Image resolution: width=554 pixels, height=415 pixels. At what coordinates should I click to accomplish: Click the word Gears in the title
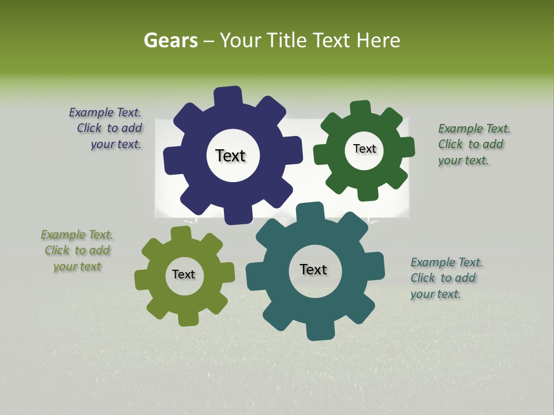pos(171,40)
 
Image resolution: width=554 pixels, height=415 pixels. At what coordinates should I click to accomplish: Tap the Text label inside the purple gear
pos(230,156)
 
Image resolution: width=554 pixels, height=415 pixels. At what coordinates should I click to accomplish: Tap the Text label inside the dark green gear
pos(364,149)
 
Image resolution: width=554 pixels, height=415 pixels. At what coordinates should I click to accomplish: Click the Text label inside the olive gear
pos(184,274)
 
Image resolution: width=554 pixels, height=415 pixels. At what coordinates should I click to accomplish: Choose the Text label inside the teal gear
pos(313,269)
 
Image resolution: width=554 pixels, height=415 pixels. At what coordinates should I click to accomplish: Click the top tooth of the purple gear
pos(228,96)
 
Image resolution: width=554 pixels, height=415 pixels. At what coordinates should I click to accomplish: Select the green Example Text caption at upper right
pos(473,144)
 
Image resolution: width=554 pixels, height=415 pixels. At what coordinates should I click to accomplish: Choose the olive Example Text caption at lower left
pos(77,250)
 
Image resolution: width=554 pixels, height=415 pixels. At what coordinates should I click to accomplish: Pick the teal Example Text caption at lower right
pos(446,278)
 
